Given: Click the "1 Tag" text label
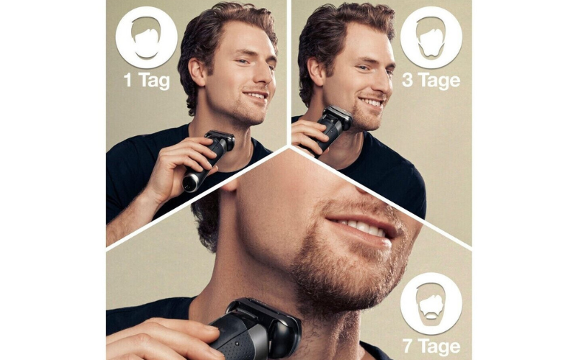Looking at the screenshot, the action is tap(147, 81).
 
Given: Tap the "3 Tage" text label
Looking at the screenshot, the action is tap(431, 81).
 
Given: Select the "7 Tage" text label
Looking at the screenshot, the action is tap(431, 346).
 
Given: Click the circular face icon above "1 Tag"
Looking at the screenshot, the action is tap(147, 37).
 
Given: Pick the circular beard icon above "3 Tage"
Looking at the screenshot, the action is tap(431, 37).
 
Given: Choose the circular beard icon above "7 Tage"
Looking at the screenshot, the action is tap(431, 304).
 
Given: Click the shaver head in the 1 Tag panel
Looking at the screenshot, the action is tap(221, 140).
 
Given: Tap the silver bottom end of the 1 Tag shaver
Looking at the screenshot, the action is tap(190, 182).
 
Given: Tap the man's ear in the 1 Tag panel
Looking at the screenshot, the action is tap(197, 71).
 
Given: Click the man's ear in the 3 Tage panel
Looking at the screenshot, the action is tap(315, 71).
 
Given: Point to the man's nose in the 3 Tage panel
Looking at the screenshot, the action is tap(385, 84).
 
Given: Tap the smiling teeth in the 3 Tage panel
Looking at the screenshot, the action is tap(372, 102).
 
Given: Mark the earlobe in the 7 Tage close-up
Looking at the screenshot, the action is tap(230, 186).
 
